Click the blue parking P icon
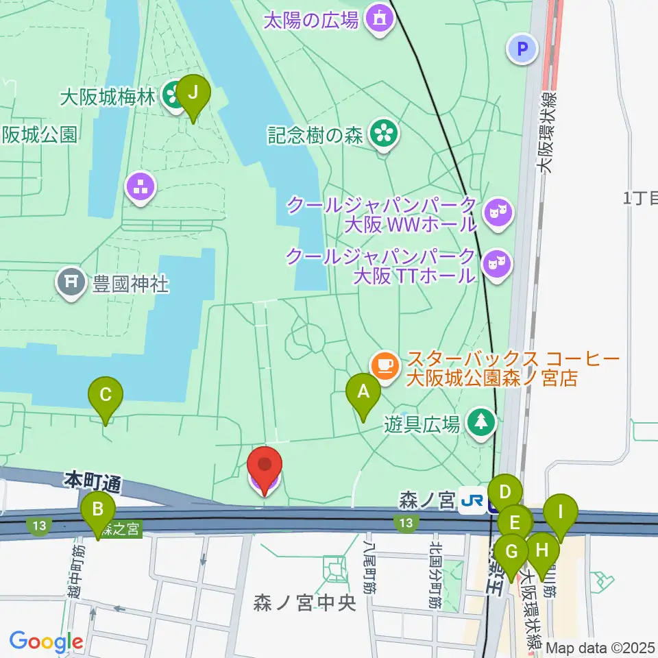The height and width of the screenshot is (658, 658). pyautogui.click(x=523, y=49)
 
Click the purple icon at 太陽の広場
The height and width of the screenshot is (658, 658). pyautogui.click(x=378, y=19)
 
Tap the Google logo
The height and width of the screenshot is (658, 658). pyautogui.click(x=46, y=642)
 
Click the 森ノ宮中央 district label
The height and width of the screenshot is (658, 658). pyautogui.click(x=306, y=603)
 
